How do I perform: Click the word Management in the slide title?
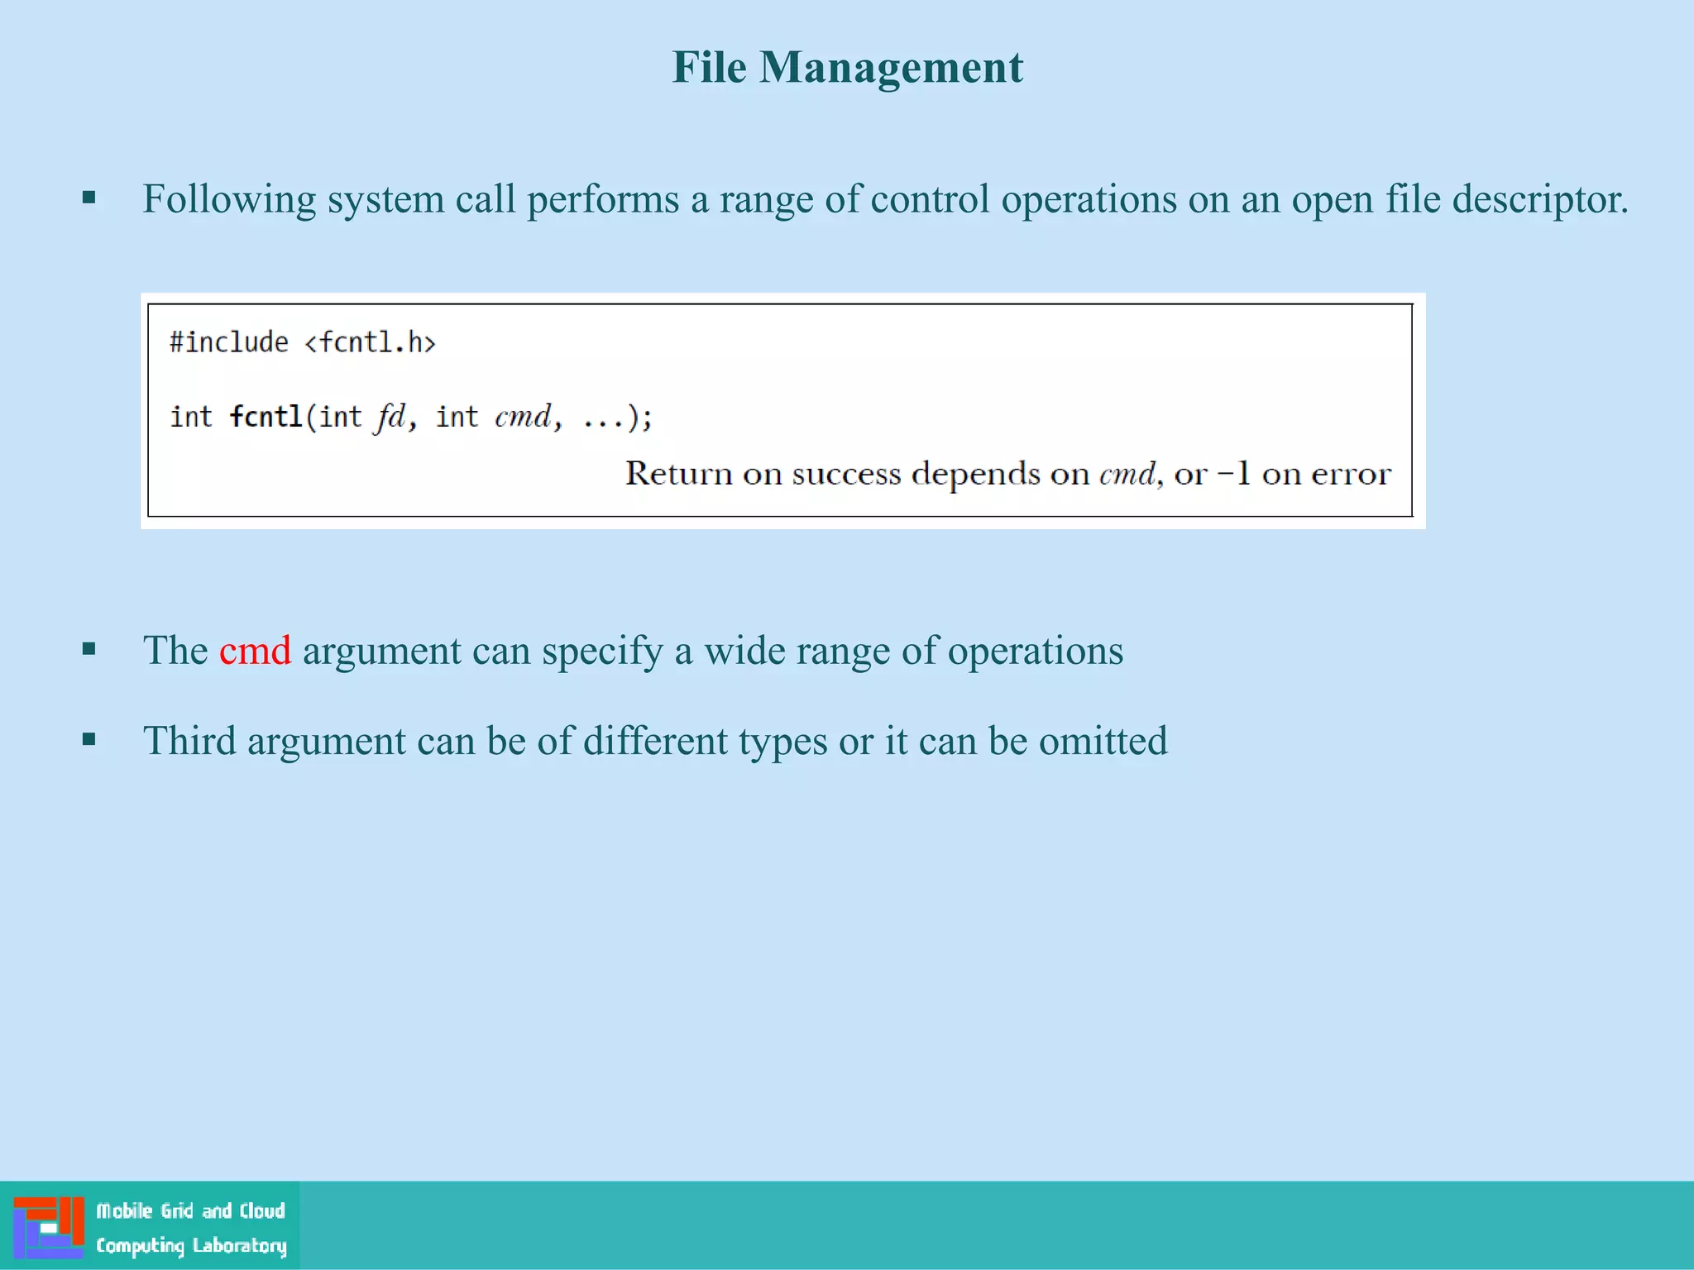[x=891, y=69]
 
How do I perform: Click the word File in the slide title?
[x=709, y=67]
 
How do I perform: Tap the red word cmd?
[x=255, y=651]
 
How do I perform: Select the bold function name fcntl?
[x=266, y=417]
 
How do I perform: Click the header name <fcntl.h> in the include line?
[x=370, y=342]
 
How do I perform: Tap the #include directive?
[x=229, y=342]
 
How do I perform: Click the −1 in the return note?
[x=1233, y=474]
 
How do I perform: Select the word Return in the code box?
[x=679, y=474]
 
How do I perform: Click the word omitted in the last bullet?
[x=1103, y=741]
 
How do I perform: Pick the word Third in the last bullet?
[x=189, y=741]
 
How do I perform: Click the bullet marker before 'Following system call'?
[x=89, y=198]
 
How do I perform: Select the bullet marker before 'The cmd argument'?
[x=89, y=649]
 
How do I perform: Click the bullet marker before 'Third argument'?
[x=89, y=739]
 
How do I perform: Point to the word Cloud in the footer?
[x=262, y=1211]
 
